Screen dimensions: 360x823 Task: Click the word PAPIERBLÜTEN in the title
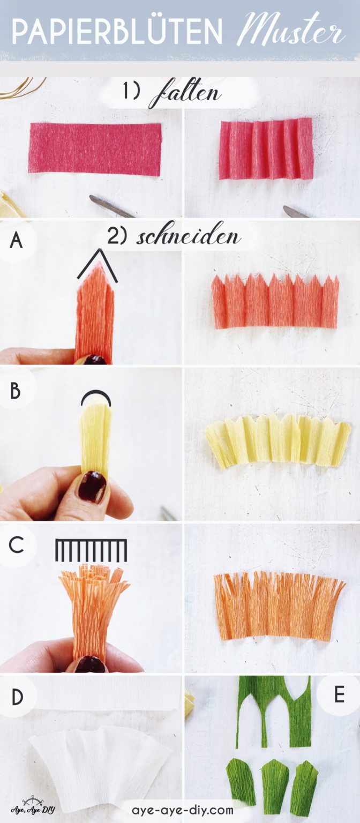[x=117, y=32]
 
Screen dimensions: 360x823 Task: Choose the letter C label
[x=17, y=545]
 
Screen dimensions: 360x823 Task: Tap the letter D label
[x=17, y=697]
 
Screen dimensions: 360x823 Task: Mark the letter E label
[x=339, y=694]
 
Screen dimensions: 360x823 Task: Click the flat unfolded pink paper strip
[x=95, y=149]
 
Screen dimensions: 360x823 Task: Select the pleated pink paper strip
[x=266, y=148]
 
